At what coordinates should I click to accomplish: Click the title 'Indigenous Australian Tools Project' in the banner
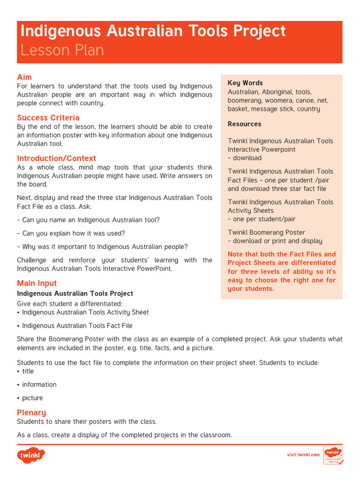(153, 31)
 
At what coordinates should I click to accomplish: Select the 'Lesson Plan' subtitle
(62, 50)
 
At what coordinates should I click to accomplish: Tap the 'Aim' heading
(24, 77)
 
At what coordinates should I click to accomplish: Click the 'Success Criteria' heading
(48, 118)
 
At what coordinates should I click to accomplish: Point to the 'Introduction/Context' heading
(56, 158)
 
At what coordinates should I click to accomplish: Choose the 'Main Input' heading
(37, 283)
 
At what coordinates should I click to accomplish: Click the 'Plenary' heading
(31, 412)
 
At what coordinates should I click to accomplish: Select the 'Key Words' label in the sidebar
(245, 83)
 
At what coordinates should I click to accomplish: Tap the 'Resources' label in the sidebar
(244, 124)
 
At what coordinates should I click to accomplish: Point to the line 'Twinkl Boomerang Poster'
(266, 232)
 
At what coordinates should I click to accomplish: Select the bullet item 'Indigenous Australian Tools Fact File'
(77, 326)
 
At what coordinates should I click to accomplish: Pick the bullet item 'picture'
(32, 398)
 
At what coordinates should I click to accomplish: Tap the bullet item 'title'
(28, 371)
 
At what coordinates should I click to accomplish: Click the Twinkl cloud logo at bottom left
(31, 455)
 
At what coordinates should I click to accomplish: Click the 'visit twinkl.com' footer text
(303, 455)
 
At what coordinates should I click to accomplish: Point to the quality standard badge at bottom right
(333, 455)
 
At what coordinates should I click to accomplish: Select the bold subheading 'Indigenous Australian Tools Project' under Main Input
(75, 293)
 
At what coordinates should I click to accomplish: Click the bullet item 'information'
(39, 384)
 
